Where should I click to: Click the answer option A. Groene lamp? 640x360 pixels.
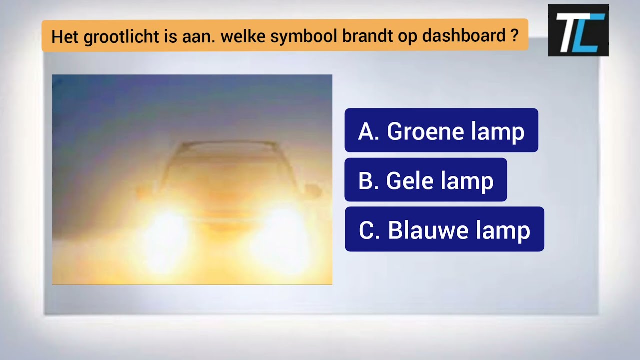click(x=441, y=130)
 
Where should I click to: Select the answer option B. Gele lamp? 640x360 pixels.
click(x=425, y=180)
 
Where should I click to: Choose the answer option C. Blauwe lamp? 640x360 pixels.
click(x=444, y=229)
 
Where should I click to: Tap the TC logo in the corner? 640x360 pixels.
click(x=578, y=30)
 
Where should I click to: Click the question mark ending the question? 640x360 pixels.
click(x=515, y=35)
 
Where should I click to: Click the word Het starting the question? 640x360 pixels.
click(x=64, y=36)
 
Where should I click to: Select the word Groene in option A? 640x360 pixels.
click(x=419, y=131)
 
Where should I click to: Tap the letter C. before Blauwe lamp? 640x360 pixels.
click(x=369, y=229)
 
